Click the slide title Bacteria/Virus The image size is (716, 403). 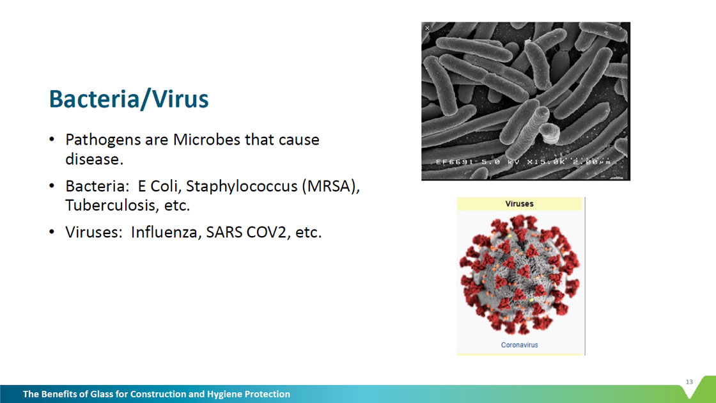point(128,99)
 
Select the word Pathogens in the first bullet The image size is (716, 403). point(103,140)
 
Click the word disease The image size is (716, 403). point(94,159)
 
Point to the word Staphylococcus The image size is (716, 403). point(242,187)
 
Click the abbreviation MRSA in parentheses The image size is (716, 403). point(331,186)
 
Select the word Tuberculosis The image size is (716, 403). point(111,205)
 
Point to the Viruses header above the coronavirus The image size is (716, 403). point(519,204)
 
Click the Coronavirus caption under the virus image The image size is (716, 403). point(519,345)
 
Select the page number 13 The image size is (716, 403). point(689,382)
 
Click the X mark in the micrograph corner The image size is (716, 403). point(427,28)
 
